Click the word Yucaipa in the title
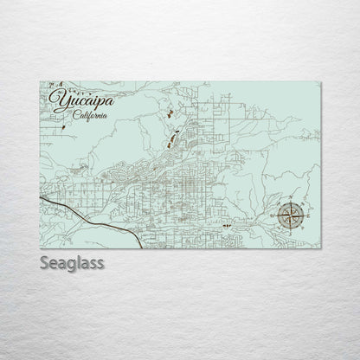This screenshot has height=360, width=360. [x=85, y=102]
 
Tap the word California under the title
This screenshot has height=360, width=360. [x=91, y=117]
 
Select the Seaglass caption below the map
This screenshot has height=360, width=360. [x=72, y=262]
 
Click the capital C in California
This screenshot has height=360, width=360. [x=77, y=117]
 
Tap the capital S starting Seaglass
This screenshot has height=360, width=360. [x=45, y=262]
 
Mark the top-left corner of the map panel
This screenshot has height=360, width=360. [x=40, y=81]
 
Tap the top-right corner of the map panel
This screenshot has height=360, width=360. [x=321, y=81]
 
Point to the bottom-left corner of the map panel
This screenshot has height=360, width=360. [x=40, y=247]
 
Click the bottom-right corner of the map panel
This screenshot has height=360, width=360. [x=321, y=247]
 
